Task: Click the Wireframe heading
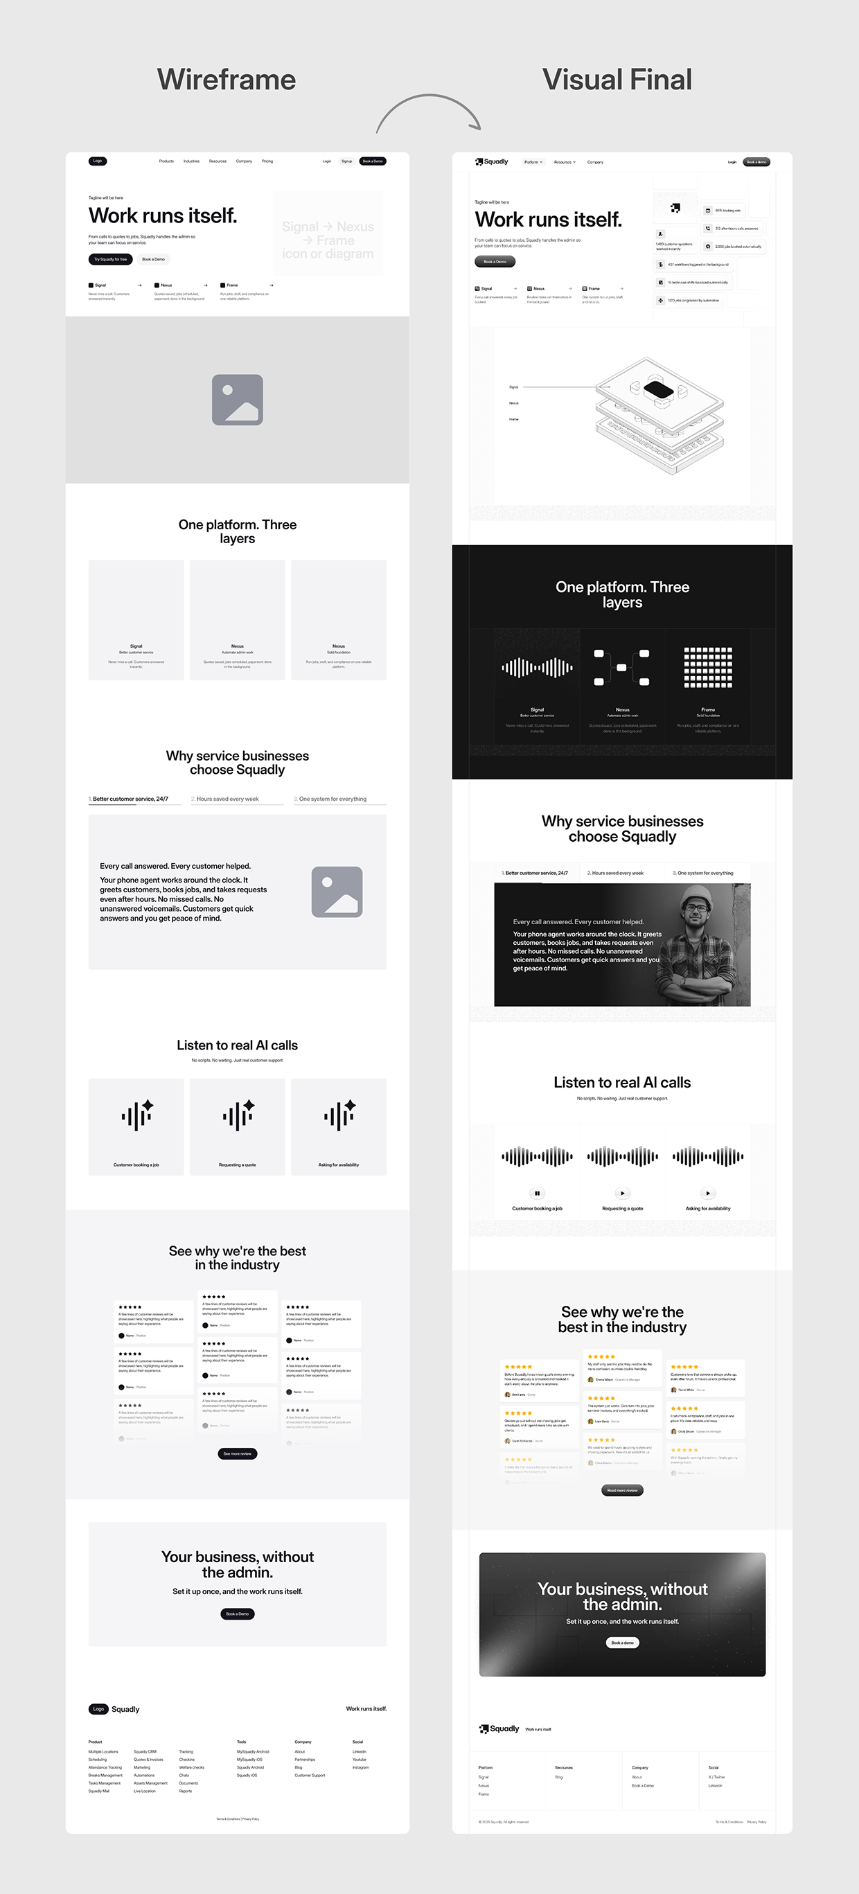[x=227, y=80]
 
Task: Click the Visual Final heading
[x=617, y=80]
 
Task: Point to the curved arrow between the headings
[x=429, y=110]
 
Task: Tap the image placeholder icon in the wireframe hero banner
[x=238, y=399]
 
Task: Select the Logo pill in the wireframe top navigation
[x=98, y=161]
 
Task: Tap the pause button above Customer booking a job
[x=537, y=1194]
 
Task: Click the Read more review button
[x=622, y=1490]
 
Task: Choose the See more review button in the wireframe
[x=238, y=1453]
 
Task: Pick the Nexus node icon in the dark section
[x=622, y=668]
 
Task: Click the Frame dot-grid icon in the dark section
[x=707, y=668]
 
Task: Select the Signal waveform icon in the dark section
[x=537, y=668]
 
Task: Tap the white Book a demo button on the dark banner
[x=622, y=1643]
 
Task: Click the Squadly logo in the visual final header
[x=492, y=161]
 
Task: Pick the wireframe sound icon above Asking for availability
[x=339, y=1115]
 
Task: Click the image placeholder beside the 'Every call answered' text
[x=337, y=891]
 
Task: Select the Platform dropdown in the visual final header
[x=533, y=161]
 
